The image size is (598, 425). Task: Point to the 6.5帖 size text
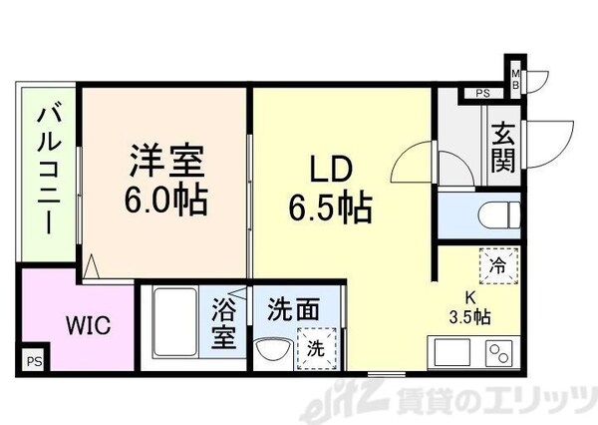(x=331, y=208)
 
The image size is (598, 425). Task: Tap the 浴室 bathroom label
(x=223, y=323)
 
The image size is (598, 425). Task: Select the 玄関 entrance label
(x=502, y=148)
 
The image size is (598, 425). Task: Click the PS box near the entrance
(x=482, y=95)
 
